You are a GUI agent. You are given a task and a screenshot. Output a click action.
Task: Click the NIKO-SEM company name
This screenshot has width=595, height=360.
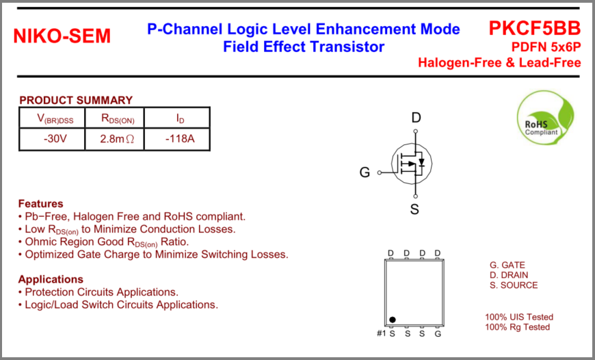point(62,36)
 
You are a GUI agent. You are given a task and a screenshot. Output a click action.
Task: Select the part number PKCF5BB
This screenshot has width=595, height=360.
point(534,28)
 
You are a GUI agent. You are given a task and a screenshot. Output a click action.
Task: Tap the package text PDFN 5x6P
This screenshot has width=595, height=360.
point(546,47)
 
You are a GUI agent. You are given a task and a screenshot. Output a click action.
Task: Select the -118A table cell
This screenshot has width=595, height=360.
point(180,140)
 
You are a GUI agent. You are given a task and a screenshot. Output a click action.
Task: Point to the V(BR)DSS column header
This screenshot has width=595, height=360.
point(55,119)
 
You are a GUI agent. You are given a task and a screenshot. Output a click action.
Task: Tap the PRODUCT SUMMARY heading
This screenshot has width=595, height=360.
point(76,100)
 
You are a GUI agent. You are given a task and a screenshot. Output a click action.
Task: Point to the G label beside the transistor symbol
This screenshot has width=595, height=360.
point(365,173)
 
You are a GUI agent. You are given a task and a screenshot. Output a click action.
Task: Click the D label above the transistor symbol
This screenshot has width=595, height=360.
point(416,118)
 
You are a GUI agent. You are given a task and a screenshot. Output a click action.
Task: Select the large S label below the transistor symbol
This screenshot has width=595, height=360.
point(414,209)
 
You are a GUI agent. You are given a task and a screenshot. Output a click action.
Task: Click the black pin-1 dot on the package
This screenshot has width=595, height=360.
point(393,320)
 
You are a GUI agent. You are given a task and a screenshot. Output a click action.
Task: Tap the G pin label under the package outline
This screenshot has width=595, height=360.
point(438,333)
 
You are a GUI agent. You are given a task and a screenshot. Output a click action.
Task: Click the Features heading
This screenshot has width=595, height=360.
point(40,203)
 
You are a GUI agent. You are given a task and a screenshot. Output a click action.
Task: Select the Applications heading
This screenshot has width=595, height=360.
point(51,279)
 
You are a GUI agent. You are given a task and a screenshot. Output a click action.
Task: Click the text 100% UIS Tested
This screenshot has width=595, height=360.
point(519,317)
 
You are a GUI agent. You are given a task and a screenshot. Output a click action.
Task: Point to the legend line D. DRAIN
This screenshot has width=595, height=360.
point(509,275)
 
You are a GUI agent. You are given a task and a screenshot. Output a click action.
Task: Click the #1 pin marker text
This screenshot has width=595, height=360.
point(382,333)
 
